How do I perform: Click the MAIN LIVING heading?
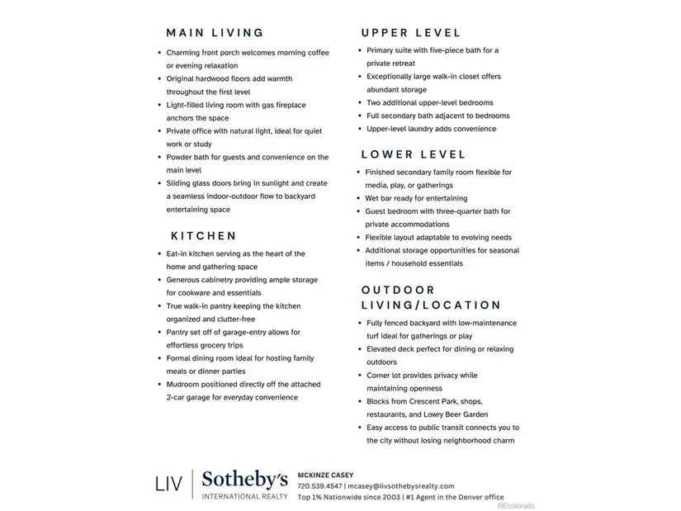point(215,33)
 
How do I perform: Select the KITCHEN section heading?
point(204,236)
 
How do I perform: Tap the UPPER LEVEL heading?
point(411,33)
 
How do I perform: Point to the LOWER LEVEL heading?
point(414,154)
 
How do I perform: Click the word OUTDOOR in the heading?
point(398,290)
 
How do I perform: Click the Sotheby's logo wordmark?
point(245,479)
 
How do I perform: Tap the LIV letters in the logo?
point(169,485)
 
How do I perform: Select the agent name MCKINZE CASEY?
point(325,476)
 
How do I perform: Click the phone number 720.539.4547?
point(319,486)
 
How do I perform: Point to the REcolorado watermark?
point(516,506)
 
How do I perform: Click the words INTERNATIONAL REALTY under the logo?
point(245,496)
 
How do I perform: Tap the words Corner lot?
point(385,375)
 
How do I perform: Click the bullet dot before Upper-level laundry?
point(360,129)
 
